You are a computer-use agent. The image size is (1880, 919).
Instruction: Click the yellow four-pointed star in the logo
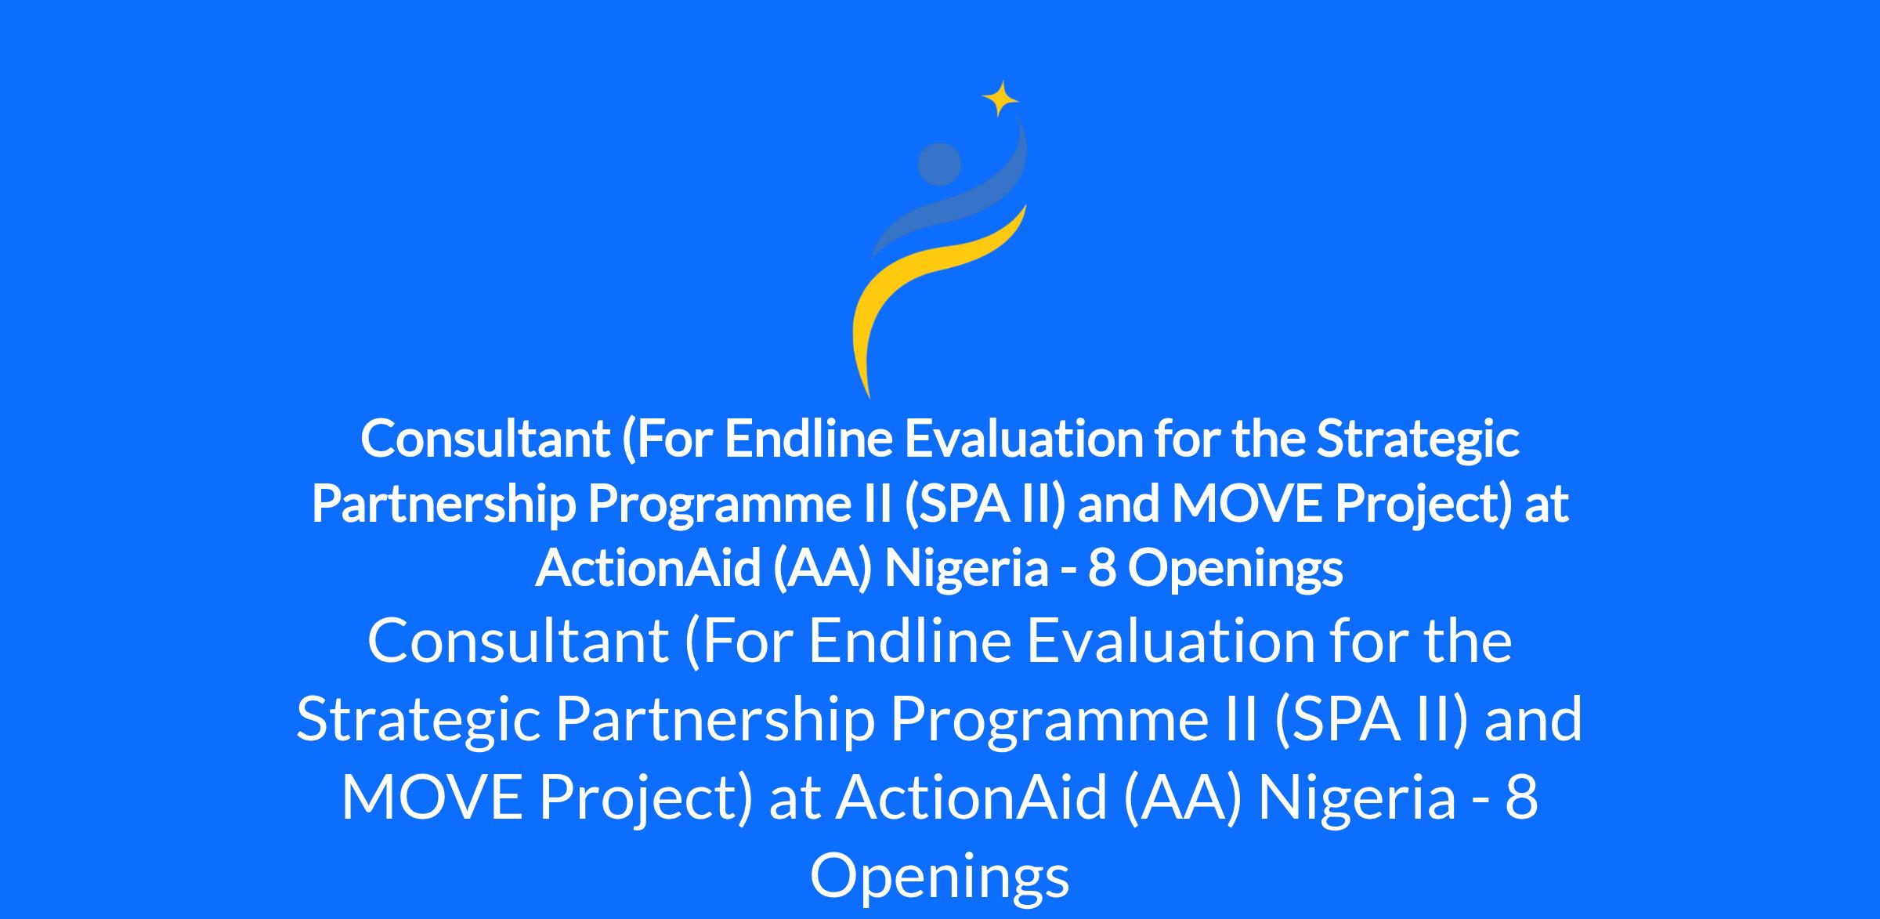(x=1000, y=99)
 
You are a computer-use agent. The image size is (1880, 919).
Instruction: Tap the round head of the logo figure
(x=939, y=165)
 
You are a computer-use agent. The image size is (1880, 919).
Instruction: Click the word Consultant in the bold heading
(x=485, y=439)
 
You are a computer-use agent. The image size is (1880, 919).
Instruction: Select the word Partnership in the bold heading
(x=444, y=505)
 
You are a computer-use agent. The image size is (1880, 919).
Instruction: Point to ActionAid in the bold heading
(x=648, y=568)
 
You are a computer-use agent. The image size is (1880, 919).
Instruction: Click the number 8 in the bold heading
(x=1101, y=569)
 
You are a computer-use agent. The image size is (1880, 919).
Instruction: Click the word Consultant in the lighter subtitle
(x=518, y=641)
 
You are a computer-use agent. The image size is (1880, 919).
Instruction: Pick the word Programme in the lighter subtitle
(x=1075, y=720)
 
